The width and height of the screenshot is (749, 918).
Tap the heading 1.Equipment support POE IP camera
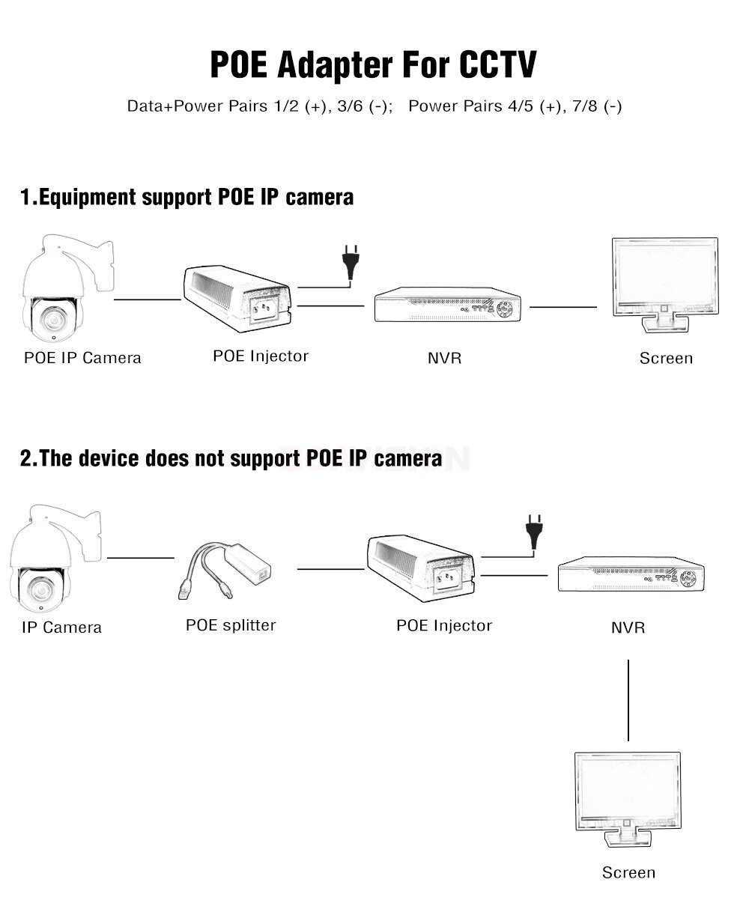(x=187, y=198)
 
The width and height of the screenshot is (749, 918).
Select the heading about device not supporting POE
(x=231, y=458)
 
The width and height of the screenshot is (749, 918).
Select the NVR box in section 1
(x=448, y=306)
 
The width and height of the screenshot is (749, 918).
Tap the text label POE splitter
(x=231, y=624)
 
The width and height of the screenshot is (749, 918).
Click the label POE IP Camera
(x=82, y=357)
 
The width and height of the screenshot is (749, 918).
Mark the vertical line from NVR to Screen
(x=628, y=700)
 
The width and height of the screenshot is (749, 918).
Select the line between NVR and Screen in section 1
(x=563, y=306)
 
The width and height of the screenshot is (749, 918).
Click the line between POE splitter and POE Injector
(x=330, y=569)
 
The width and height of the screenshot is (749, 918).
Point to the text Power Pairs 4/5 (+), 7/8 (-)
(x=515, y=106)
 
